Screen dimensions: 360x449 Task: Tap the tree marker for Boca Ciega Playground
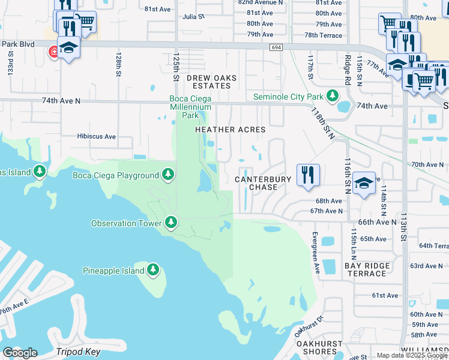(169, 175)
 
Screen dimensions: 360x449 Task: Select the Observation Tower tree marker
(171, 223)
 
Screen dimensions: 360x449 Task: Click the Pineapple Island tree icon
(154, 271)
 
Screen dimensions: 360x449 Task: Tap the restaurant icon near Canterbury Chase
(308, 175)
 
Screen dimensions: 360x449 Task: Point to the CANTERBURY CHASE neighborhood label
(263, 183)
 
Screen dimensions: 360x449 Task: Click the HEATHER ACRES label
(230, 130)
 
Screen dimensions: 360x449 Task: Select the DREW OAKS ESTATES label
(211, 82)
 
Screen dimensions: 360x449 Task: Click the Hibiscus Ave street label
(96, 136)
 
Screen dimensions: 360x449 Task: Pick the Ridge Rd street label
(348, 70)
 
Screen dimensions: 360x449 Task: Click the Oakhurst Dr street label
(309, 325)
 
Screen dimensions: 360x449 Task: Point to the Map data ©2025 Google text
(412, 355)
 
